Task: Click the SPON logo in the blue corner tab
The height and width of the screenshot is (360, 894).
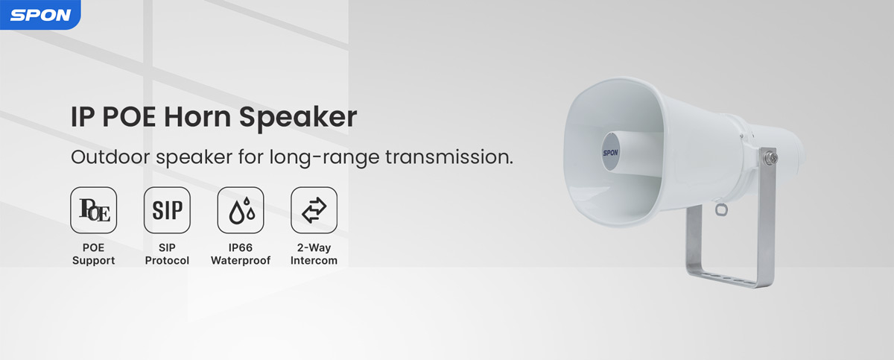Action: click(40, 15)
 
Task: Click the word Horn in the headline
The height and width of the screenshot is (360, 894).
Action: click(197, 117)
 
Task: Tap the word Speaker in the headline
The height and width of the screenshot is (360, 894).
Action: click(298, 117)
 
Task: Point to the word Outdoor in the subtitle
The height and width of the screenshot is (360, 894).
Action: click(110, 157)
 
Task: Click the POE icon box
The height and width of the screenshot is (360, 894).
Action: click(94, 210)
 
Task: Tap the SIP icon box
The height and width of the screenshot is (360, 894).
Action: click(167, 210)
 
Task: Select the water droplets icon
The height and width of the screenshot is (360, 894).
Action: click(241, 210)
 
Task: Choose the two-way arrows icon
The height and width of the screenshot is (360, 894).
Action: click(314, 210)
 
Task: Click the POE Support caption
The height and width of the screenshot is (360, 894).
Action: click(93, 254)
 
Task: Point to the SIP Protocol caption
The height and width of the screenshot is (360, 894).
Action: click(167, 254)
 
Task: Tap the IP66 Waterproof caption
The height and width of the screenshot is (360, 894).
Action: click(241, 254)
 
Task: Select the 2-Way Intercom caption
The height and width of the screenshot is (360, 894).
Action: click(314, 254)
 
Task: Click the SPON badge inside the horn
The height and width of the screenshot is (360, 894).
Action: click(610, 153)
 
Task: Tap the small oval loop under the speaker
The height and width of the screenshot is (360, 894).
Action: click(721, 209)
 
